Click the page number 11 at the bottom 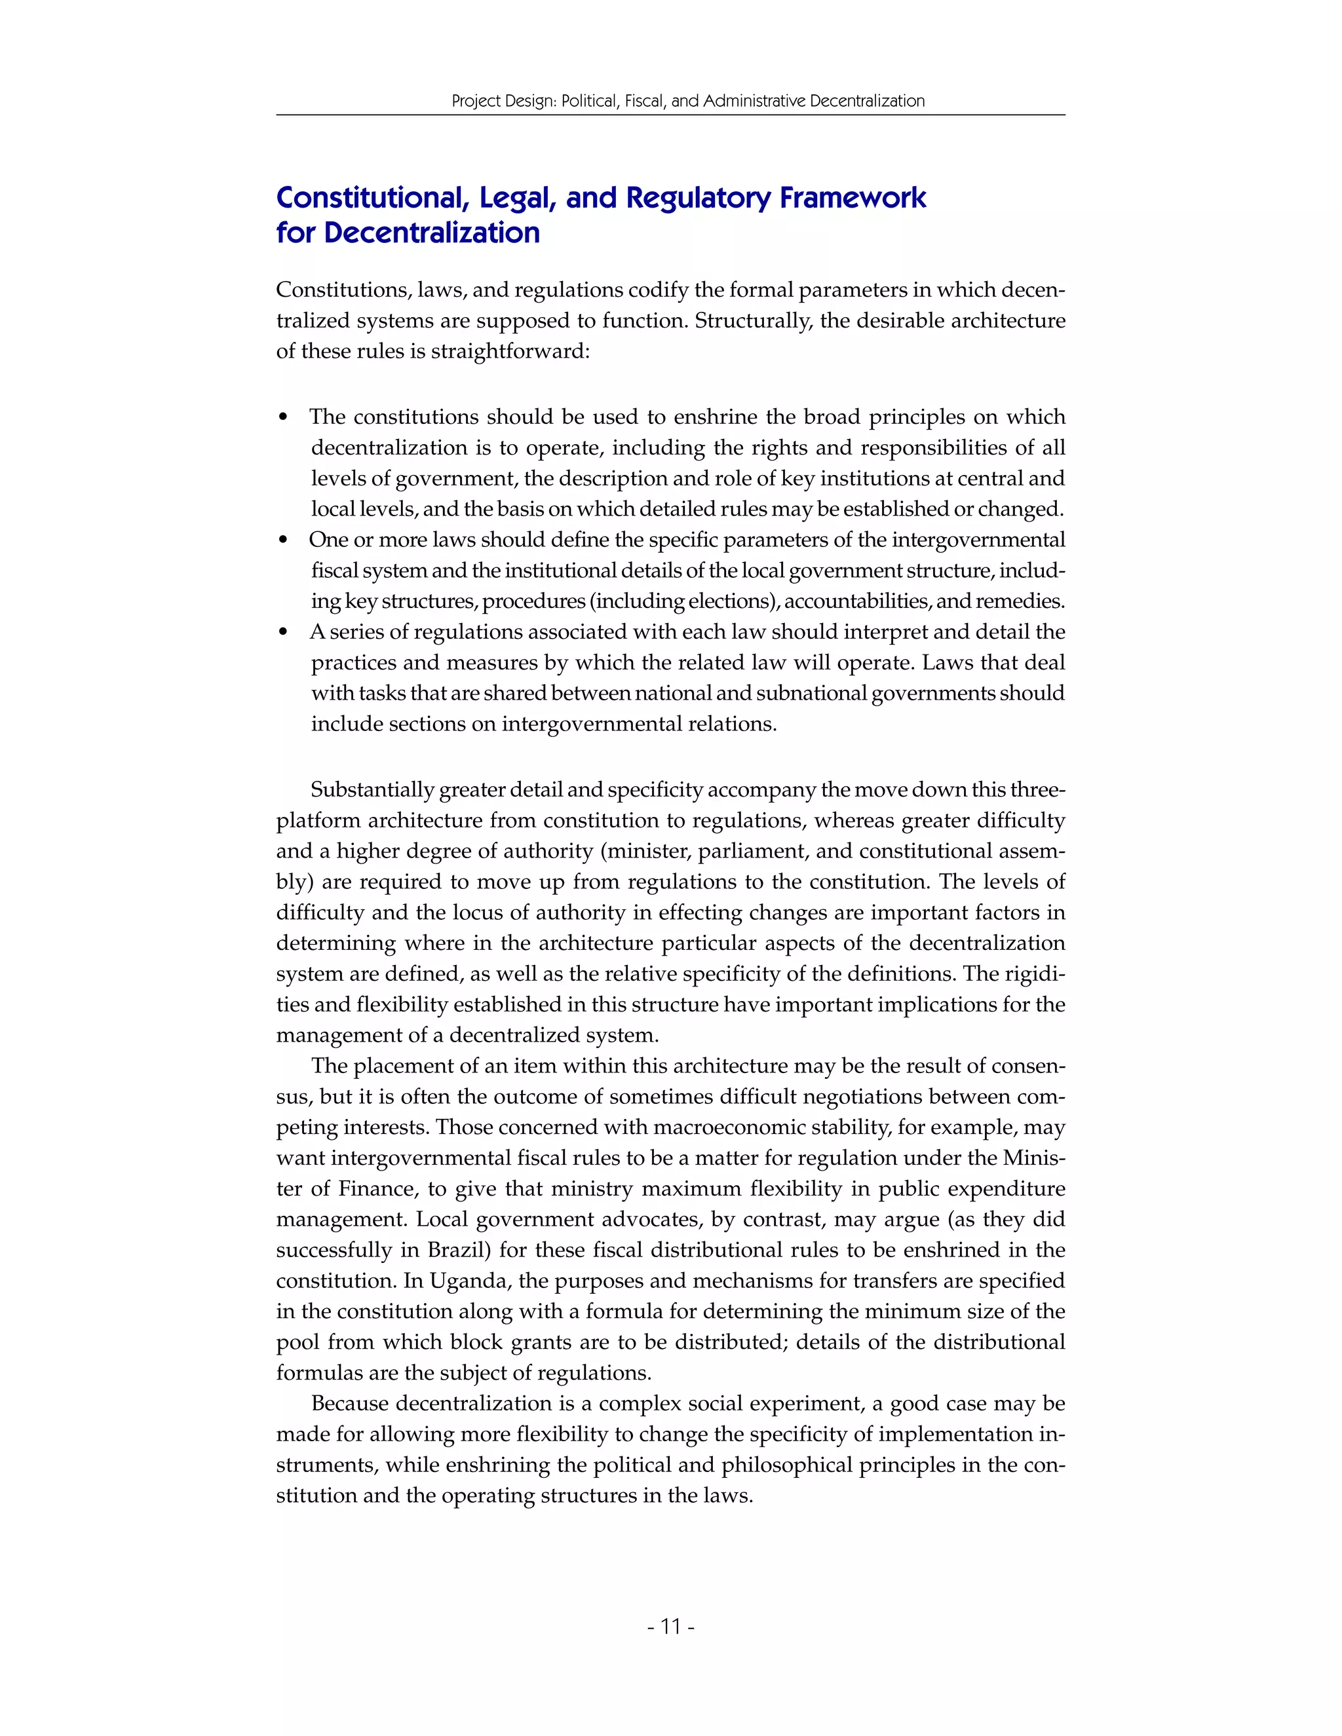(671, 1627)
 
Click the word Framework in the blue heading (853, 197)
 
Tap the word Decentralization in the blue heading (432, 233)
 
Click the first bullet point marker (284, 418)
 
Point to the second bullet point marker (284, 540)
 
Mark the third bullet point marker (284, 633)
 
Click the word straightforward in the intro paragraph (510, 351)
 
